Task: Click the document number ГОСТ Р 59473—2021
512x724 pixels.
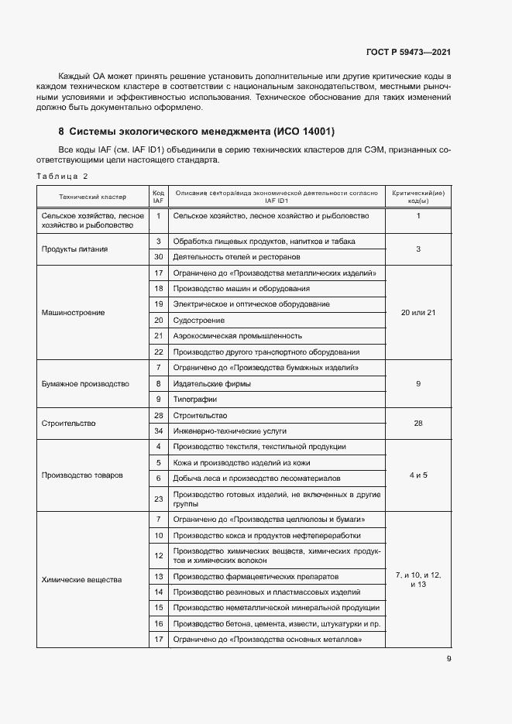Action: tap(408, 53)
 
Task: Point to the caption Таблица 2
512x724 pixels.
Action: tap(63, 177)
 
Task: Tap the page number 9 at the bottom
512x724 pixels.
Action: tap(449, 659)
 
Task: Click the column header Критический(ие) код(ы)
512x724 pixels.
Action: tap(418, 197)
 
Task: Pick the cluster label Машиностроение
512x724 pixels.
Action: tap(73, 312)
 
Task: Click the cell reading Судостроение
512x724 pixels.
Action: tap(199, 320)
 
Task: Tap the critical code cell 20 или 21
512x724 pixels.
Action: tap(418, 312)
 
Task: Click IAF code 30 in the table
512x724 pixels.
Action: tap(158, 256)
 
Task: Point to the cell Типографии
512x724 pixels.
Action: tap(194, 400)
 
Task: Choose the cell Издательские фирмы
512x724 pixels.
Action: tap(211, 383)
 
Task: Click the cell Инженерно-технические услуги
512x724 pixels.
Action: tap(229, 431)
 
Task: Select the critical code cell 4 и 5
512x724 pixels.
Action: tap(418, 475)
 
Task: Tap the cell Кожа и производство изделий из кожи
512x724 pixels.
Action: tap(241, 462)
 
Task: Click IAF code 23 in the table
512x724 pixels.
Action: tap(158, 498)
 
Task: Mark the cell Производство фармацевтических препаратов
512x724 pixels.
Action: tap(256, 576)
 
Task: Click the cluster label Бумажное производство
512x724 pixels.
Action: tap(85, 383)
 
